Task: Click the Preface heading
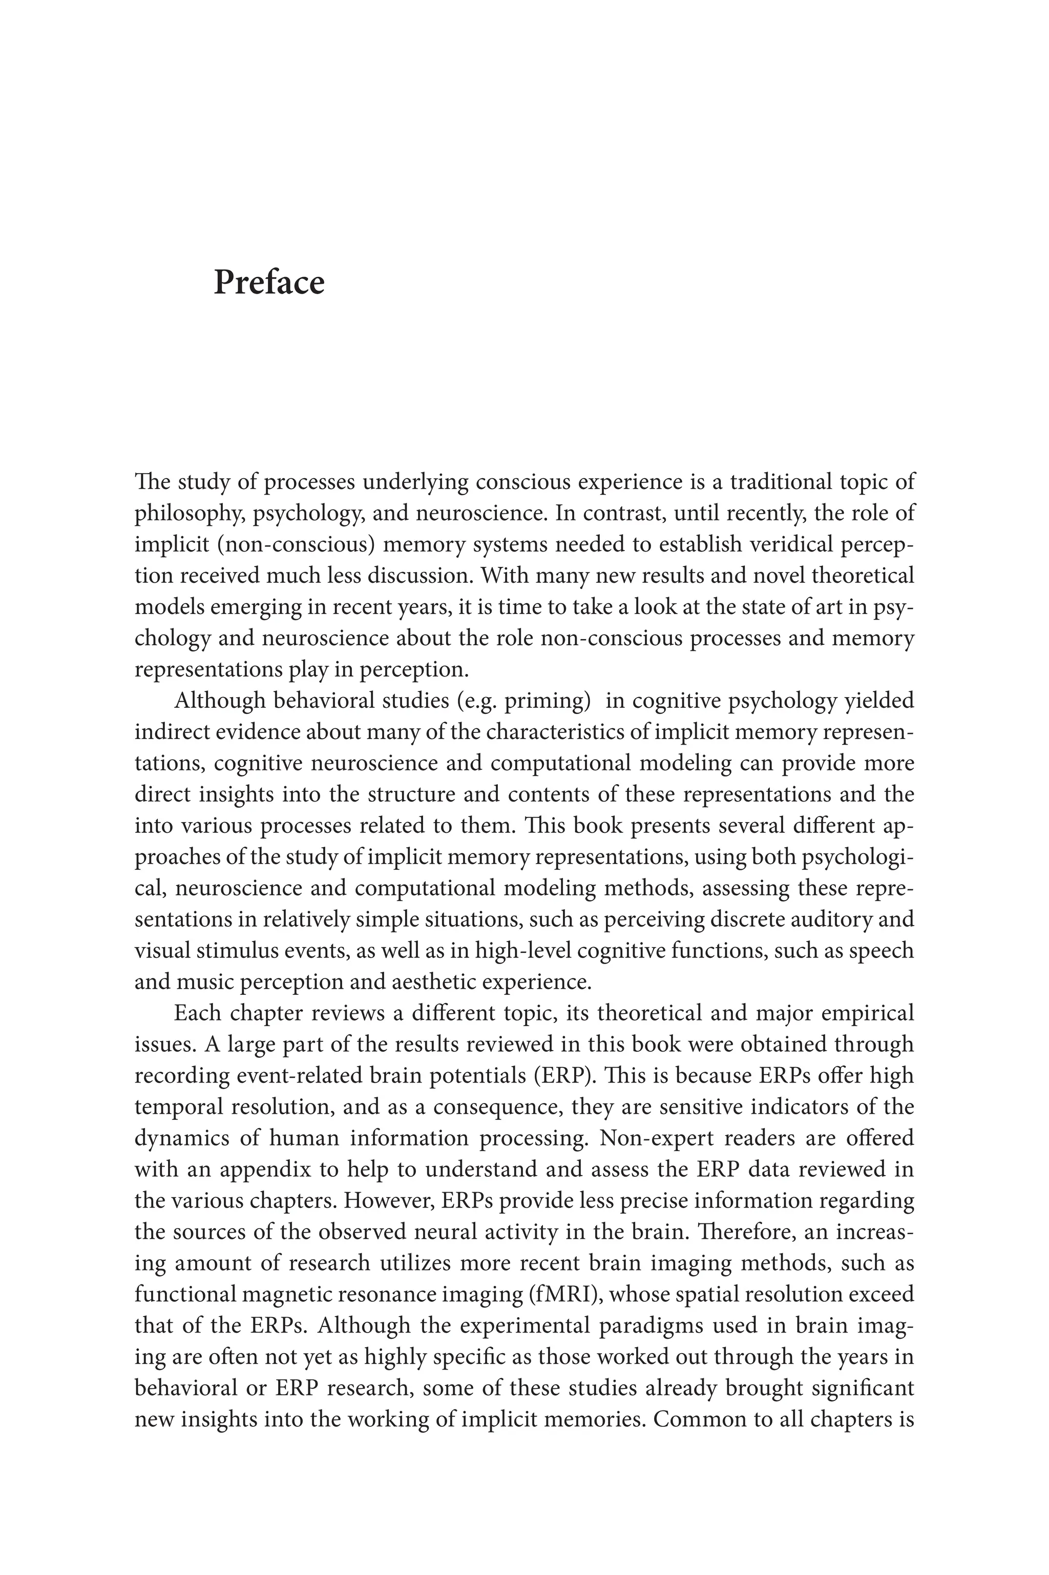[x=268, y=282]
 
